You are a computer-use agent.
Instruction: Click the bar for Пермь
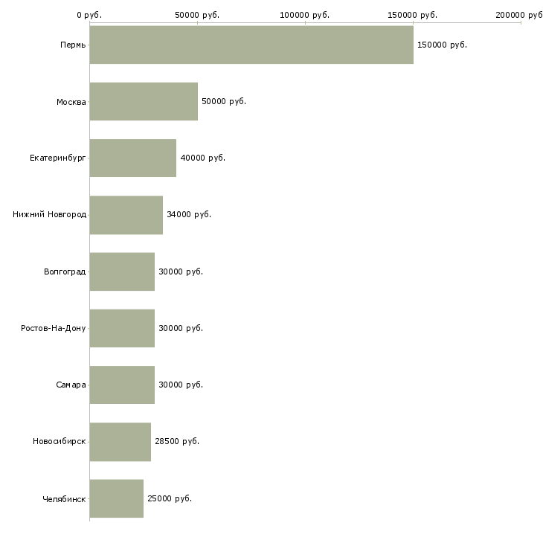point(251,45)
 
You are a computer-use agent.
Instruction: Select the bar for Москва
point(144,101)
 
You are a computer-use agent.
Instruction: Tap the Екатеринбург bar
point(133,158)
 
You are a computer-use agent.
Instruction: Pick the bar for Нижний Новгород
point(126,215)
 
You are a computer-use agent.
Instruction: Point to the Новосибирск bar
point(121,442)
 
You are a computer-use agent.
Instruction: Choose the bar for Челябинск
point(117,498)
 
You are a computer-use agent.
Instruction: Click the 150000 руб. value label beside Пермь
point(442,45)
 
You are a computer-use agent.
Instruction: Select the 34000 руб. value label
point(189,215)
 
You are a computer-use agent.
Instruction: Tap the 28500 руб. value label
point(177,442)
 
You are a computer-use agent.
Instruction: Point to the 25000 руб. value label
point(170,498)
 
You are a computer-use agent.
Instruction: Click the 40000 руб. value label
point(202,158)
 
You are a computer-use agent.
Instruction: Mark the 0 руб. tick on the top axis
point(89,15)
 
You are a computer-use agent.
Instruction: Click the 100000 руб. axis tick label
point(305,15)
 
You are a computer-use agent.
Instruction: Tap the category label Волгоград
point(65,271)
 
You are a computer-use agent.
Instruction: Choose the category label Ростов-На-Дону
point(54,328)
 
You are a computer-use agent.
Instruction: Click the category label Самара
point(71,385)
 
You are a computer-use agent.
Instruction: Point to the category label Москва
point(71,101)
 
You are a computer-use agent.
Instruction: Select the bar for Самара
point(122,385)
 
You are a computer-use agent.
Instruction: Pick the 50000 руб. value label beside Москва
point(224,101)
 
